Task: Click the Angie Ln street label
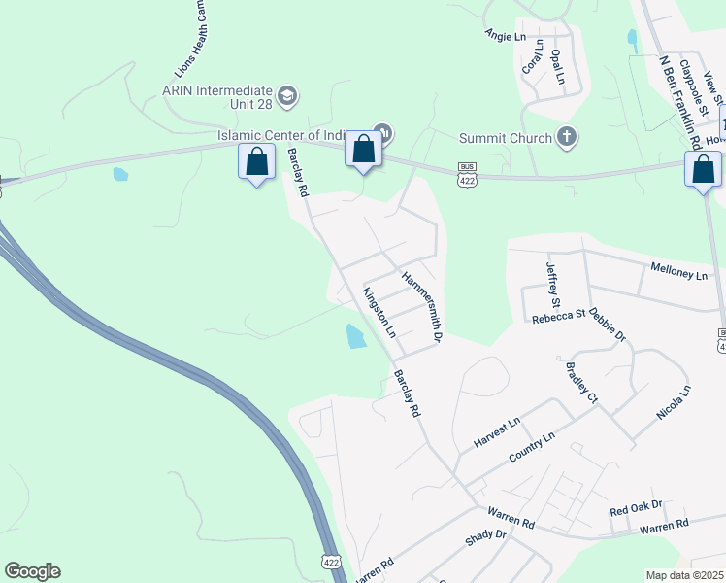point(505,36)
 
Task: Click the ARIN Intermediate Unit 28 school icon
point(287,95)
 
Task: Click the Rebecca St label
point(558,315)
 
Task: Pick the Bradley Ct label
point(581,383)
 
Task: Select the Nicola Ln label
point(673,402)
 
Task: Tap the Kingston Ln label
point(379,312)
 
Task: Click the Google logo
point(32,571)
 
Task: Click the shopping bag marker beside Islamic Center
point(363,151)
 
